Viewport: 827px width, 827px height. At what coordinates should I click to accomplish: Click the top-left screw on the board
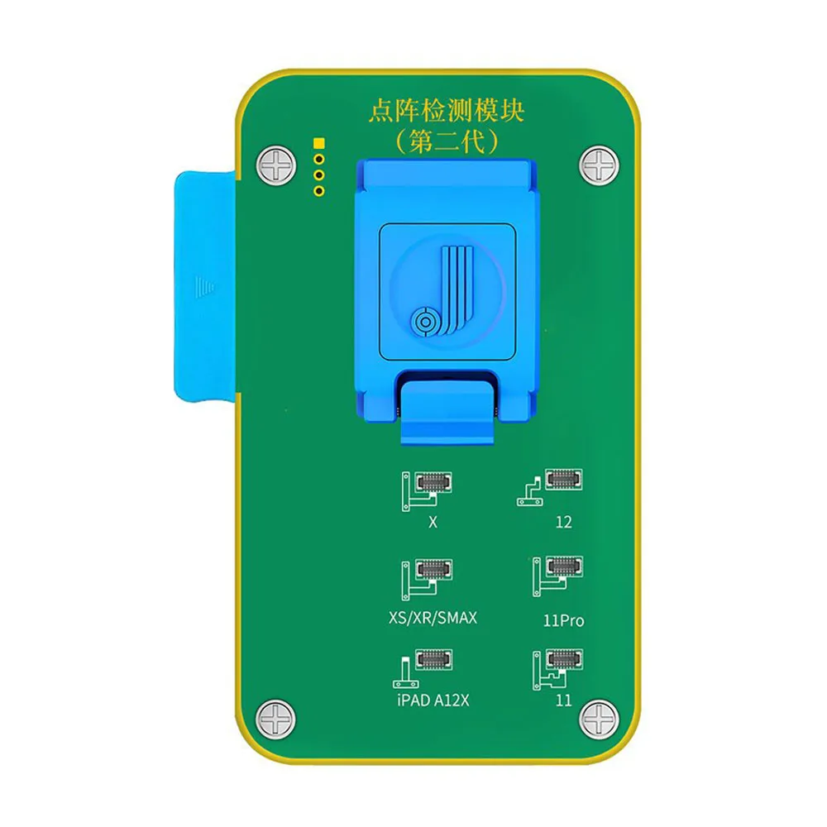pos(276,165)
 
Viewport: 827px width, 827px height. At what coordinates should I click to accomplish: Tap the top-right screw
pos(599,165)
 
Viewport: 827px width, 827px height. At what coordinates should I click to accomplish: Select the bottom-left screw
pos(276,719)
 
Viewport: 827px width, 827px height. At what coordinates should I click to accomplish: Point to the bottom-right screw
pos(599,719)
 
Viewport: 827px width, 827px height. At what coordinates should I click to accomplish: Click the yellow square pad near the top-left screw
pos(318,143)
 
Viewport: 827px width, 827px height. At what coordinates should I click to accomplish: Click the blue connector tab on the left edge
pos(204,286)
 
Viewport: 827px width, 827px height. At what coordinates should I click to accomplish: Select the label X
pos(433,522)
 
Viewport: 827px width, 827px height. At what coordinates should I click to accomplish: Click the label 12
pos(563,522)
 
